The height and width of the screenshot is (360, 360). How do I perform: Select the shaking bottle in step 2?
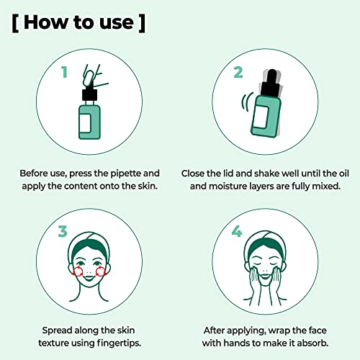click(x=264, y=115)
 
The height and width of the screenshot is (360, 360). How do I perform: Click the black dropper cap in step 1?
click(x=89, y=94)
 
